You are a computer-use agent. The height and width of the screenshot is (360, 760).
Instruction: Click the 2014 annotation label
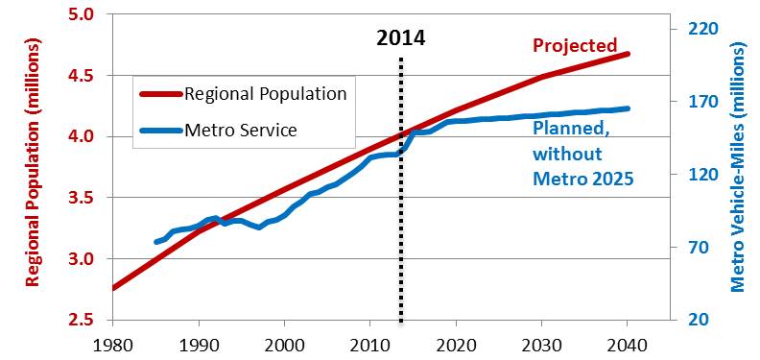point(400,38)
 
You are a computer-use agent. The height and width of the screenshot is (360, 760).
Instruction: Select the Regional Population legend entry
point(264,94)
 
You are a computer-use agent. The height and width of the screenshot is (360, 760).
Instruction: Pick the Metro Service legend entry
point(239,130)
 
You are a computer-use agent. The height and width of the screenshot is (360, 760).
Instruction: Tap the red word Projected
point(575,45)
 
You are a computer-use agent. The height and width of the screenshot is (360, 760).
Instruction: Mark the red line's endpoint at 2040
point(629,54)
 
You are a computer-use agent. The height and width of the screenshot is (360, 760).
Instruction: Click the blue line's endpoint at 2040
point(629,108)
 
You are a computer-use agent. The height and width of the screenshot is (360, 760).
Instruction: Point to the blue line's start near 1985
point(156,242)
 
